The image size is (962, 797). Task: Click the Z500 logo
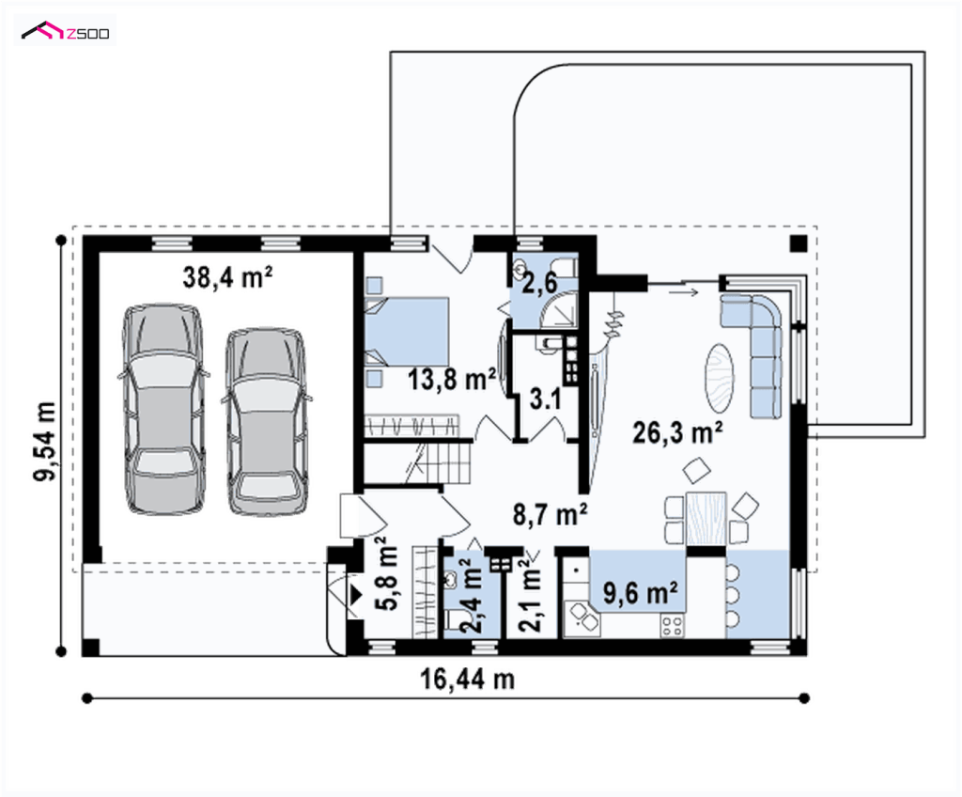pyautogui.click(x=66, y=31)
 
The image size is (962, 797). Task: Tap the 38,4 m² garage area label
pyautogui.click(x=227, y=277)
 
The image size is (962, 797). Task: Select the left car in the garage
pyautogui.click(x=163, y=408)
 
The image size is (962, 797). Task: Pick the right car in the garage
pyautogui.click(x=266, y=421)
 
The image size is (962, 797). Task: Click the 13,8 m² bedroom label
pyautogui.click(x=452, y=380)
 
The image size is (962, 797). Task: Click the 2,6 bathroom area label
pyautogui.click(x=539, y=283)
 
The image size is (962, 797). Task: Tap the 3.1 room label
pyautogui.click(x=545, y=399)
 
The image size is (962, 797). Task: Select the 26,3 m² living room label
pyautogui.click(x=677, y=433)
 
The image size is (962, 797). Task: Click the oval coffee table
pyautogui.click(x=719, y=378)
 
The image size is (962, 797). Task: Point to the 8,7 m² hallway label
pyautogui.click(x=551, y=514)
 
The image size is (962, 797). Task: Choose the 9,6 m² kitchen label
pyautogui.click(x=641, y=593)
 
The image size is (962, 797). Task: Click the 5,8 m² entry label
pyautogui.click(x=389, y=573)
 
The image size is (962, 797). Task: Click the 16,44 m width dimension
pyautogui.click(x=468, y=680)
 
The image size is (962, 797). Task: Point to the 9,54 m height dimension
pyautogui.click(x=45, y=442)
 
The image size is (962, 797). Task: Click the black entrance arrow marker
pyautogui.click(x=356, y=594)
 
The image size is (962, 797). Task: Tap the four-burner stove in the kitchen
pyautogui.click(x=672, y=626)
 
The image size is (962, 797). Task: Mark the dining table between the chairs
pyautogui.click(x=706, y=518)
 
